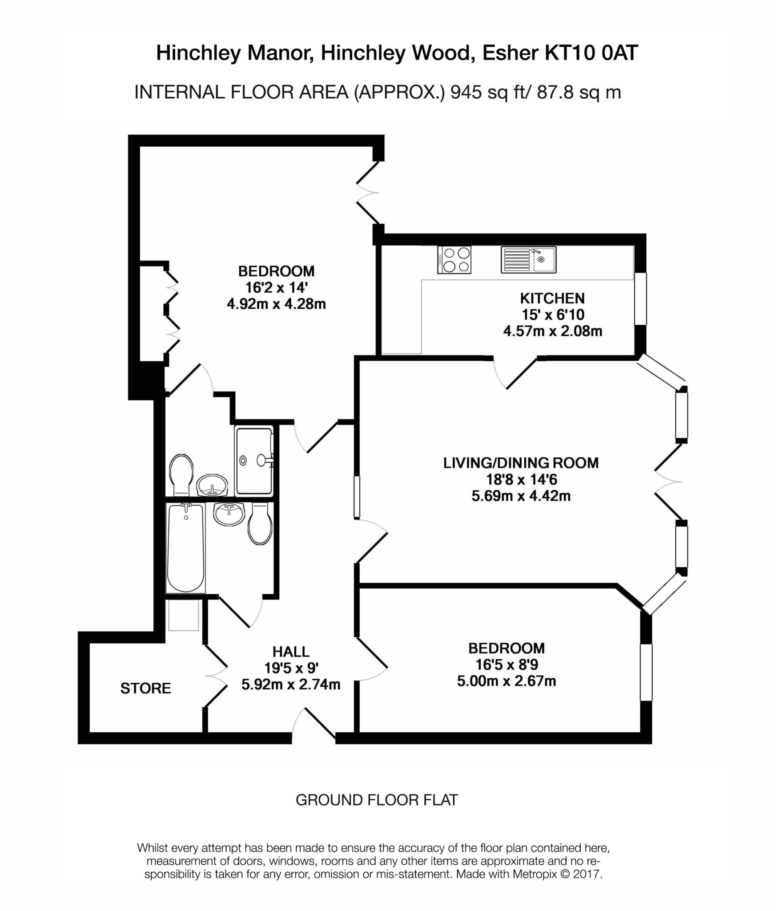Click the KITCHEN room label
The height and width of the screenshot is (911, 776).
point(552,298)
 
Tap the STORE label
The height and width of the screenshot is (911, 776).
point(145,688)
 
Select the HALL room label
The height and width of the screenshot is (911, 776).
point(291,652)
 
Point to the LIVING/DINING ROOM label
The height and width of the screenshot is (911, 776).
point(521,463)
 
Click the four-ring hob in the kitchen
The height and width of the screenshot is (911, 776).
point(454,260)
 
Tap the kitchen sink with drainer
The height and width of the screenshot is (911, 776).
point(528,260)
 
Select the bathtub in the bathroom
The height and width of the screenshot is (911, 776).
point(186,548)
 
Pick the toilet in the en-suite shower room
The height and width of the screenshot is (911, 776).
point(181,473)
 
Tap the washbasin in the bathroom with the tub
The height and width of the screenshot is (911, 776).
point(229,514)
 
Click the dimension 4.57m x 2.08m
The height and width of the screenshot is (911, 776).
point(552,331)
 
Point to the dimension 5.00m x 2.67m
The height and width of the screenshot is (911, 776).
point(507,681)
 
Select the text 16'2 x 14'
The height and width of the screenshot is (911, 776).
point(276,288)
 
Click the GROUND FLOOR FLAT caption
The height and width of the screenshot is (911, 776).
point(377,800)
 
